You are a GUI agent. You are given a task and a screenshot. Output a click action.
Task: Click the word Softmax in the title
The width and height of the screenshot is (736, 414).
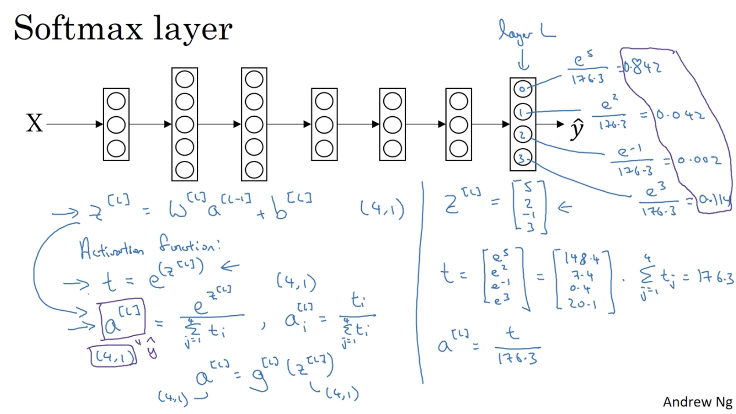[78, 28]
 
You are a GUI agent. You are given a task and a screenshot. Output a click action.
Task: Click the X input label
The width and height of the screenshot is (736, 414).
[34, 123]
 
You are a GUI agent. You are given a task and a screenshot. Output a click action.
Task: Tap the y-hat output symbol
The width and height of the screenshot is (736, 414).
[577, 128]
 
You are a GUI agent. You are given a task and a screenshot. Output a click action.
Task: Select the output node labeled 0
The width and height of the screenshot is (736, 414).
[523, 89]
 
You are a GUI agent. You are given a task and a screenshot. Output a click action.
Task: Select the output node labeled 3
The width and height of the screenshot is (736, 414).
[523, 158]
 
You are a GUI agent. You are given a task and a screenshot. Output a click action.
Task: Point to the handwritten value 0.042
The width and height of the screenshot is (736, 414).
[680, 115]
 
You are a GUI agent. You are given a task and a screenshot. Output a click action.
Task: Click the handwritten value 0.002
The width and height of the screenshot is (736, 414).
[699, 160]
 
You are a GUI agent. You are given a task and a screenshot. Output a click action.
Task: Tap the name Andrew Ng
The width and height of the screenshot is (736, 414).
[697, 402]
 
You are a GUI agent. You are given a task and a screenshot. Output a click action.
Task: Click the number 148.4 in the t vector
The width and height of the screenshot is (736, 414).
[582, 259]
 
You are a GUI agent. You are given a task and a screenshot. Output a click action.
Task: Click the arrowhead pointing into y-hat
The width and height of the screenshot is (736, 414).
[560, 124]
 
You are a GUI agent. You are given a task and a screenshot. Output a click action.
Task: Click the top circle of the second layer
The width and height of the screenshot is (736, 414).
[185, 80]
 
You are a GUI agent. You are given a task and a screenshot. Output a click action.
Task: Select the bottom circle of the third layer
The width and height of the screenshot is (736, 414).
[254, 170]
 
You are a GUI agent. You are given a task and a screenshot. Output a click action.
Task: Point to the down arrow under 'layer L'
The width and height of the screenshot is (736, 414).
[523, 61]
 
